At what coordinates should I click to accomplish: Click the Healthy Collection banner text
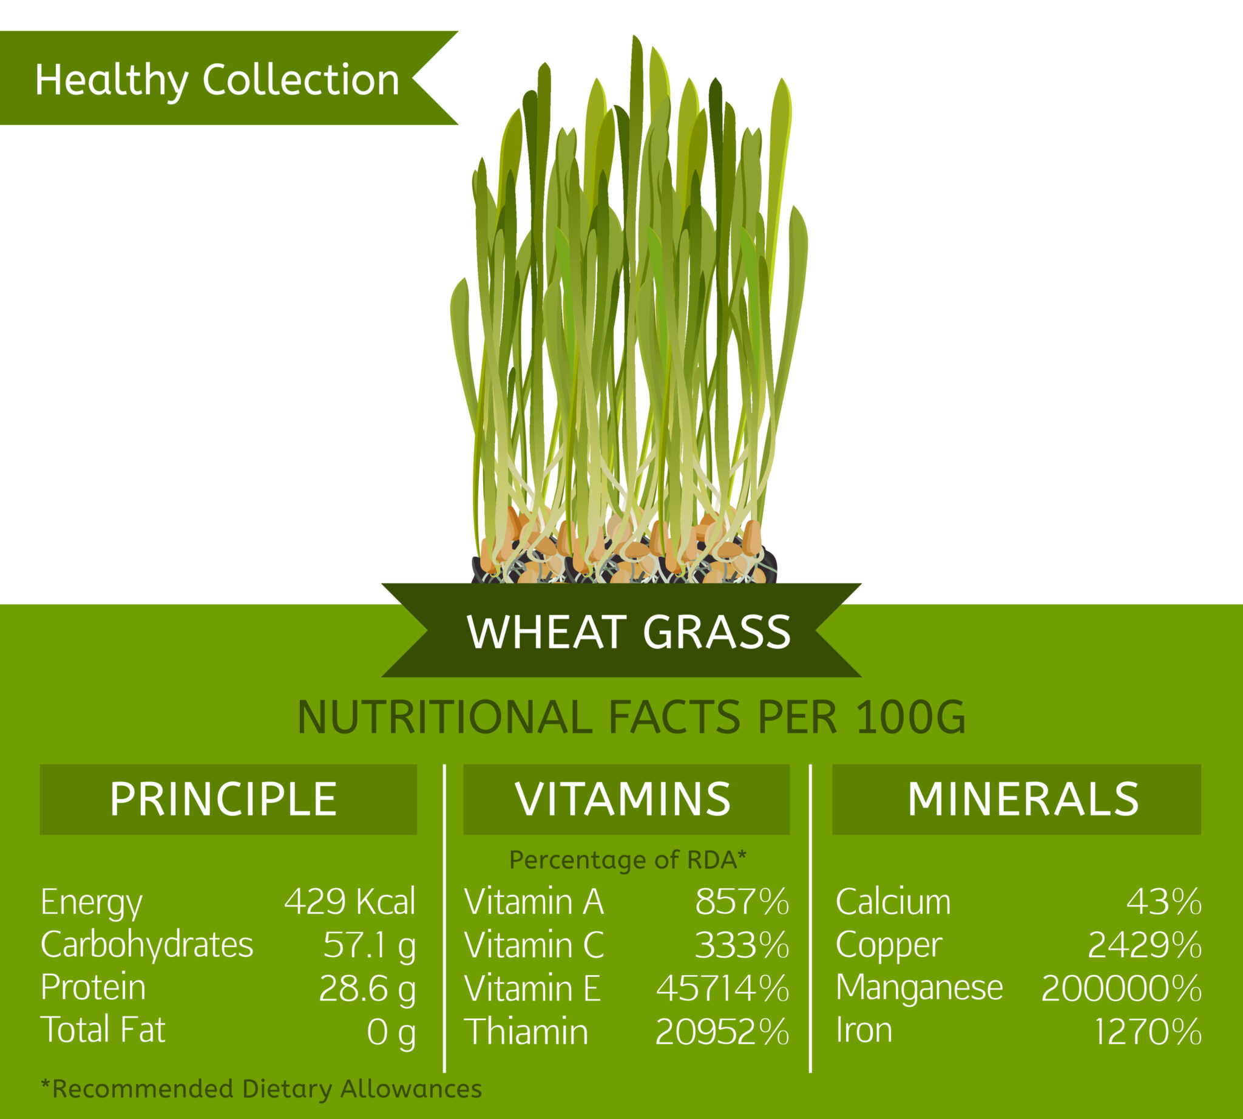point(217,80)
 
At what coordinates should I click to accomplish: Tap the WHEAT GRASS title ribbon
point(628,632)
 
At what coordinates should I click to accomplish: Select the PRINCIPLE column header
point(224,799)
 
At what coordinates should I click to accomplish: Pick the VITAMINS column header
point(623,799)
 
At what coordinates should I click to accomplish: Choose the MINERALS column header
point(1023,799)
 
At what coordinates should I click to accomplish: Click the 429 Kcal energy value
point(349,902)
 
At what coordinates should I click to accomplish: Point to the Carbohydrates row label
point(147,944)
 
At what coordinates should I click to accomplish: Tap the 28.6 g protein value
point(367,988)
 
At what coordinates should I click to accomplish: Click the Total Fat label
point(103,1030)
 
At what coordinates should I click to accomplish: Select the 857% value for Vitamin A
point(742,902)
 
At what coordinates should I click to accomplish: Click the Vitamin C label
point(533,945)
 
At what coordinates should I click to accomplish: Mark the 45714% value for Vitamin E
point(722,988)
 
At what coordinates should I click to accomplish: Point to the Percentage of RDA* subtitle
point(628,860)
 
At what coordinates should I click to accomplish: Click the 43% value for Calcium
point(1163,902)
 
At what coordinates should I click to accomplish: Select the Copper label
point(889,945)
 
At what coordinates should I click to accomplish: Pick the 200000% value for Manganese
point(1120,988)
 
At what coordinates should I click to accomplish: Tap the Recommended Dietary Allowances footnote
point(261,1088)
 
